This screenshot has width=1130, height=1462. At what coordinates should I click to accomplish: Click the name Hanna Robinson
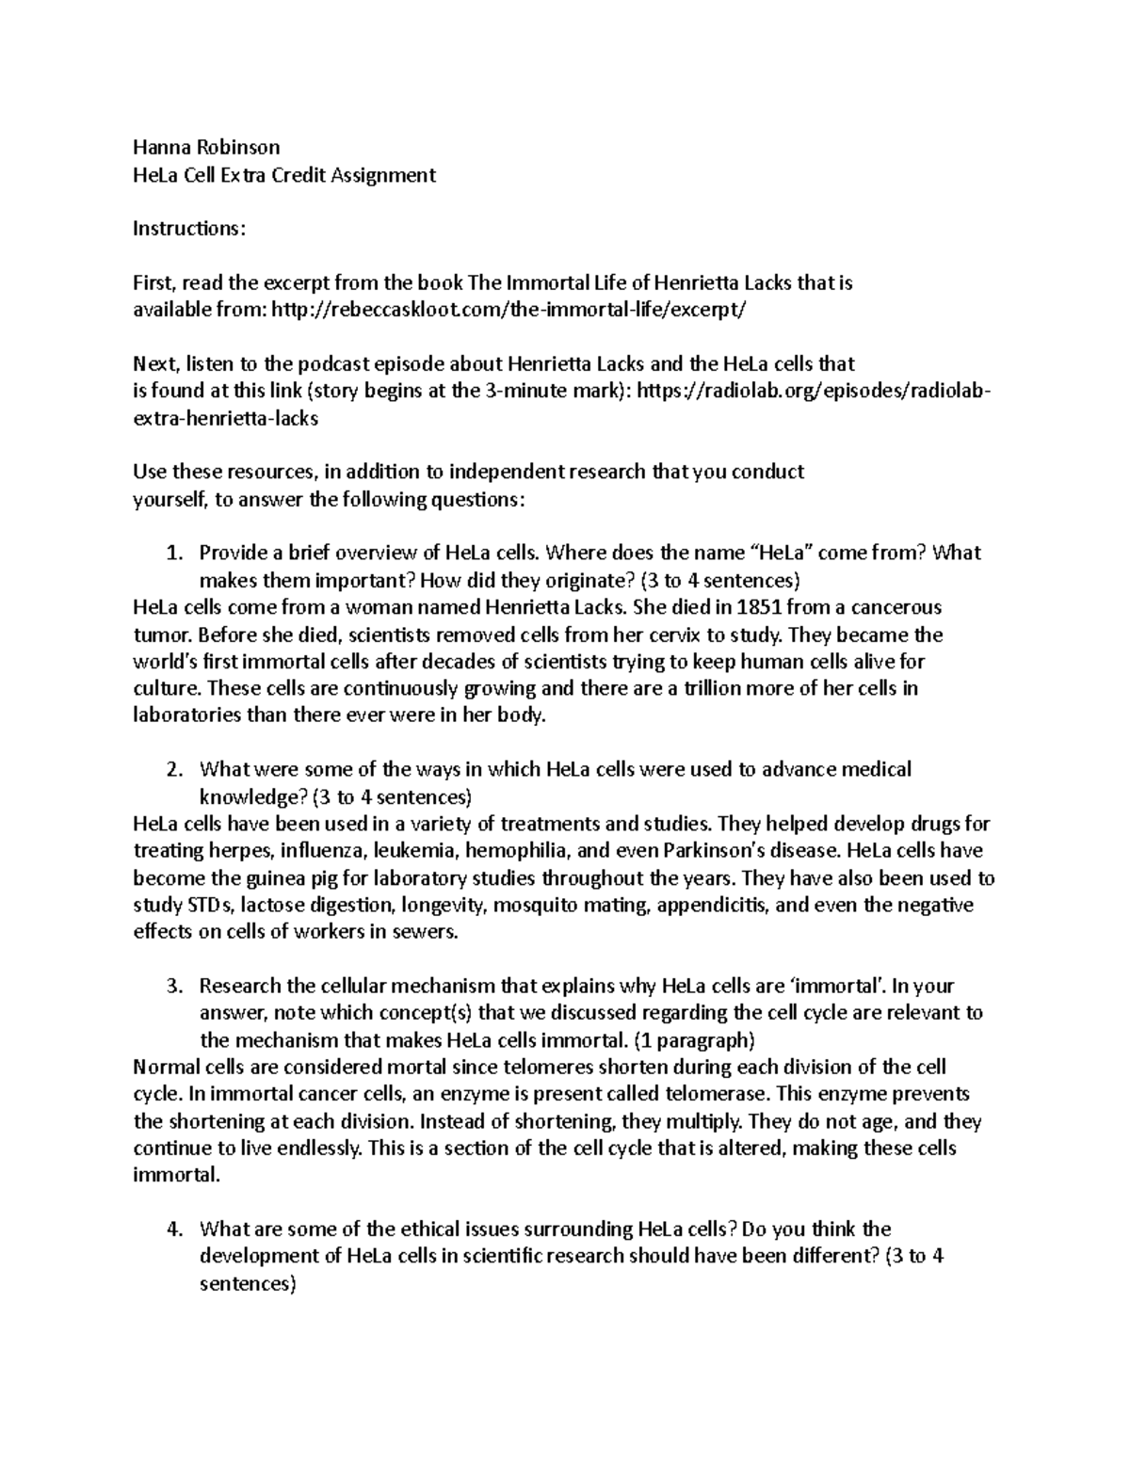[x=206, y=147]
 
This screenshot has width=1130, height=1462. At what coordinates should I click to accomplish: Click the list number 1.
[x=172, y=553]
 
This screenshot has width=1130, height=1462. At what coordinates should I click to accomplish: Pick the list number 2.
[x=172, y=770]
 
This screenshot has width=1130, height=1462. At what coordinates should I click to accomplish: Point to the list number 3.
[x=172, y=987]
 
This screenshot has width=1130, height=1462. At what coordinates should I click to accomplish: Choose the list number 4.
[x=172, y=1229]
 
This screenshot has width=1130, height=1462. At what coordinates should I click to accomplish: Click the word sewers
[x=428, y=933]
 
